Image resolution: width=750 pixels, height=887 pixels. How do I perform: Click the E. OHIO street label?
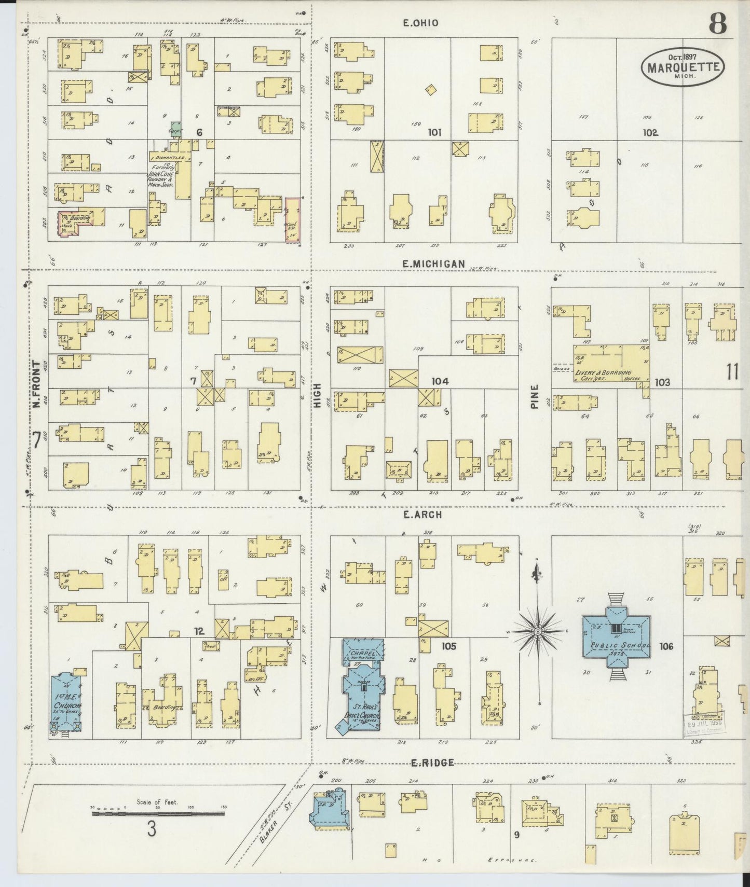420,23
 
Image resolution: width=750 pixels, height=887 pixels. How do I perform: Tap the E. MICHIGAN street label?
433,264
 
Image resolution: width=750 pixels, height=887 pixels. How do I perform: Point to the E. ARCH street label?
422,515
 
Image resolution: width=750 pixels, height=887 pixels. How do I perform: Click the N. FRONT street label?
36,383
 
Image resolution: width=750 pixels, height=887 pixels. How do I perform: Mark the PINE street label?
535,397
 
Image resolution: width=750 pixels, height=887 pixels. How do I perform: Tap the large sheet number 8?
718,23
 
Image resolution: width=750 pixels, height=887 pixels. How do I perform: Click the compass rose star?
538,631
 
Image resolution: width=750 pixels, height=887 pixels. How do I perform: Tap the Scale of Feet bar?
158,814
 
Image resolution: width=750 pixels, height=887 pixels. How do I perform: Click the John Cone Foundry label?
162,175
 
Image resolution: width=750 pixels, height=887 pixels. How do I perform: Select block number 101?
434,132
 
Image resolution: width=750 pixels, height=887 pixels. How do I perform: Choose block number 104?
440,381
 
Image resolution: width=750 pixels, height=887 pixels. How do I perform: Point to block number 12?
199,631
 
